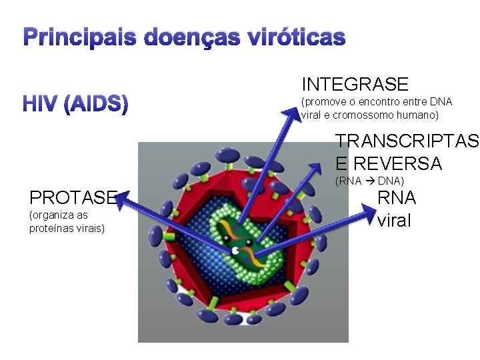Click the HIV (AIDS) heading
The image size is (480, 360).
[x=75, y=105]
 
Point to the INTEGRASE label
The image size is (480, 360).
[x=355, y=85]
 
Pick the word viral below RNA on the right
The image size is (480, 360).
[x=394, y=221]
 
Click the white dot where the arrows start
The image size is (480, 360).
[x=235, y=251]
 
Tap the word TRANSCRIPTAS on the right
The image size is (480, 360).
[x=407, y=141]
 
